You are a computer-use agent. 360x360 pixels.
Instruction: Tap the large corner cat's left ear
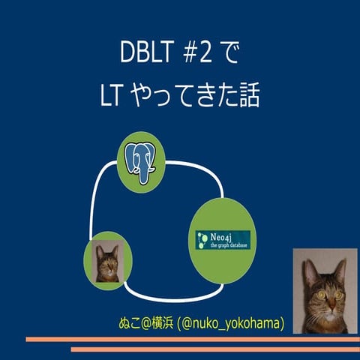[307, 266]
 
